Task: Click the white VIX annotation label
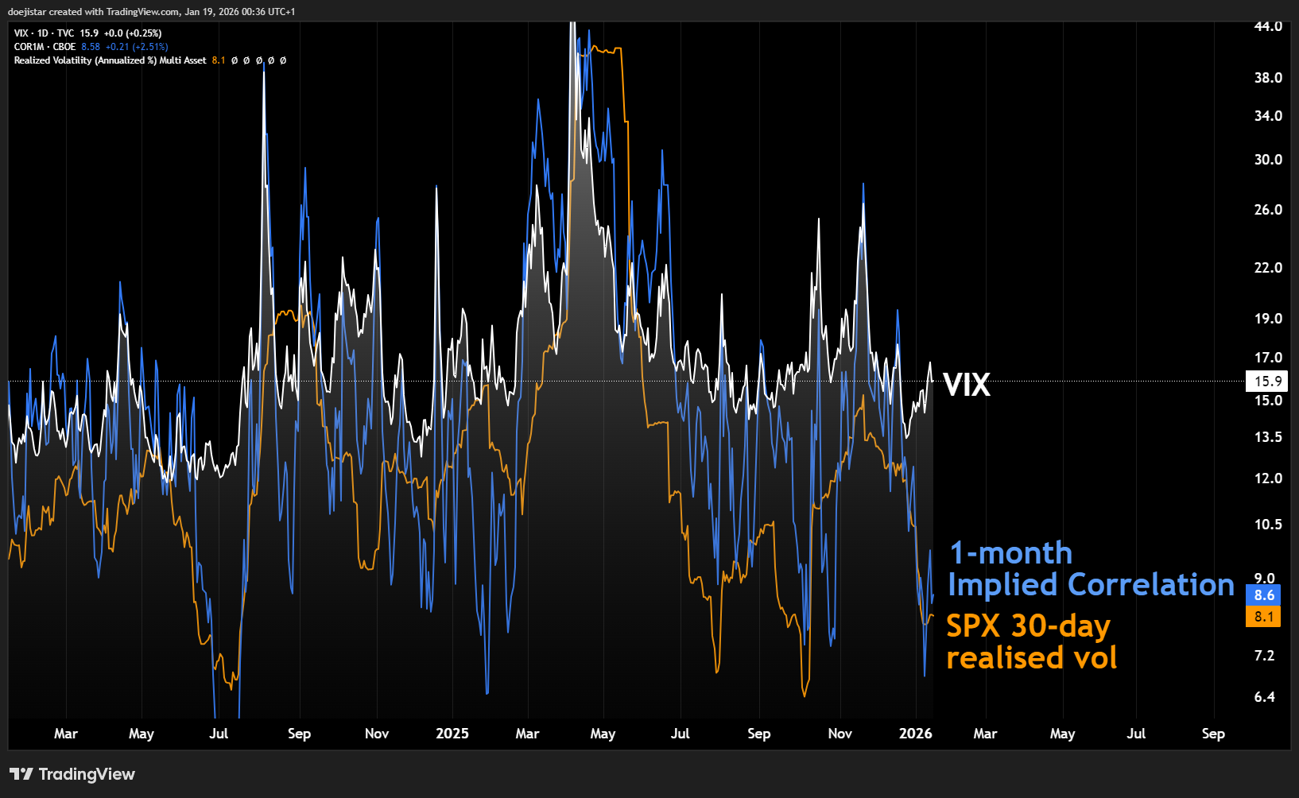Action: [x=967, y=385]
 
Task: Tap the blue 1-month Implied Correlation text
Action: [x=1091, y=569]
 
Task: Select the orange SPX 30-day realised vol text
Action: [x=1031, y=642]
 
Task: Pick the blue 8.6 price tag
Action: [x=1263, y=595]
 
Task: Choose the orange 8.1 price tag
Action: [x=1263, y=617]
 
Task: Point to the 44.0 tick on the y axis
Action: [x=1268, y=26]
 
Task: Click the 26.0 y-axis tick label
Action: [x=1268, y=210]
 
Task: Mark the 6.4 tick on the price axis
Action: [x=1264, y=697]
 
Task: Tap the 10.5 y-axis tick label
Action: [x=1268, y=525]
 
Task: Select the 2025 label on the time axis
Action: [x=452, y=734]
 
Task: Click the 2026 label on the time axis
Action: [x=915, y=734]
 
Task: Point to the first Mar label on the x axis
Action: [x=66, y=734]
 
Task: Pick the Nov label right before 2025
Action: [x=377, y=734]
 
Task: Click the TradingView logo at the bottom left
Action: [x=72, y=774]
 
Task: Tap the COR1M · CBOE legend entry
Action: [x=45, y=47]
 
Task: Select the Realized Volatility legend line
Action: [x=110, y=60]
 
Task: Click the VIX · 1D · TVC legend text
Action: [x=44, y=33]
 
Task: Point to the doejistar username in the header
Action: [x=26, y=12]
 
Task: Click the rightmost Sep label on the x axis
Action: [x=1213, y=734]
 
